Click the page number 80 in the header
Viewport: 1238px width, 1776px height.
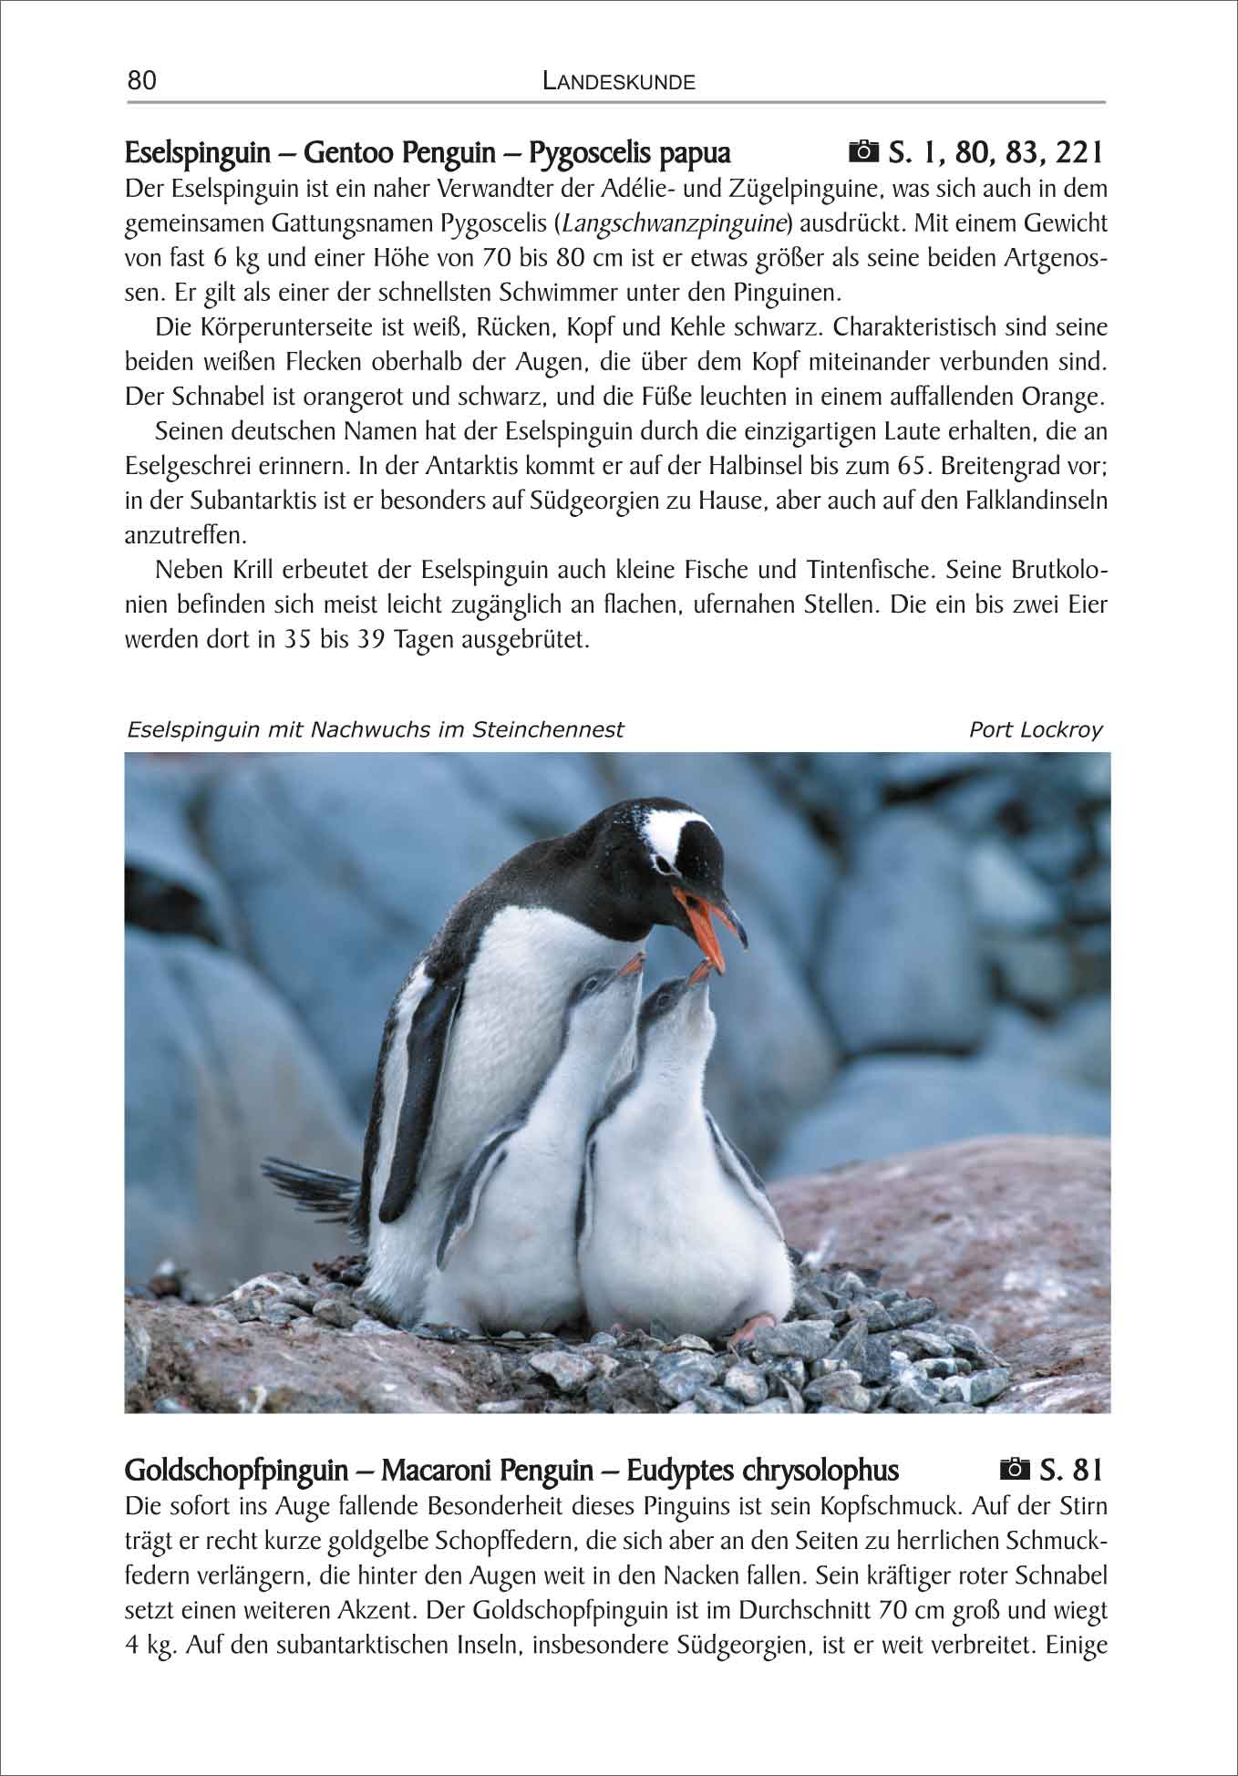[x=142, y=81]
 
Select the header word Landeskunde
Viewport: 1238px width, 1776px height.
[x=618, y=82]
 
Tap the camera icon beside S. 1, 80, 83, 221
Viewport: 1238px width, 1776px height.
[x=861, y=151]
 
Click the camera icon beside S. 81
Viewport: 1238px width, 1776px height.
[x=1013, y=1471]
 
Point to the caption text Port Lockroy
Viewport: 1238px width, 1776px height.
[x=1036, y=729]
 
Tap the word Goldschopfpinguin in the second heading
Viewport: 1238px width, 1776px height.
[x=236, y=1471]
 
